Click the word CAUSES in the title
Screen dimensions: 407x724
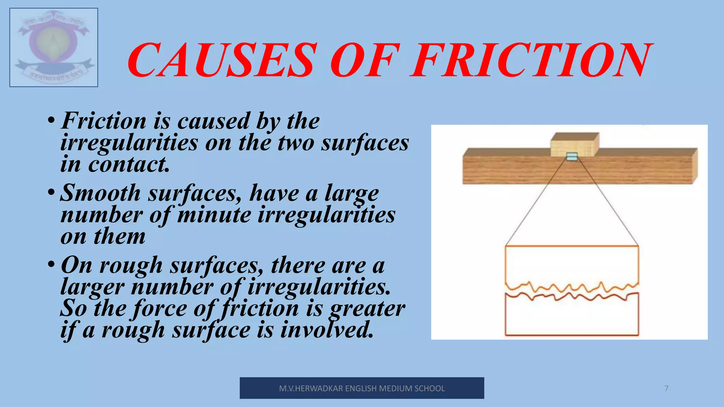tap(221, 60)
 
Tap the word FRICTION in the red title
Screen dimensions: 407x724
tap(530, 60)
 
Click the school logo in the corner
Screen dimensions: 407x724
tap(54, 47)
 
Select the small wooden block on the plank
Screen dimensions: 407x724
tap(574, 144)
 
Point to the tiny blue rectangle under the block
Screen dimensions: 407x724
tap(572, 157)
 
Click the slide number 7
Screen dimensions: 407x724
tap(666, 388)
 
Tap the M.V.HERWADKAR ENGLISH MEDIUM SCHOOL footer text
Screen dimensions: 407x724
tap(362, 388)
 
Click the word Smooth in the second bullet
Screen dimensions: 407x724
tap(100, 193)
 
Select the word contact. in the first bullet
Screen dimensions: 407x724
tap(129, 165)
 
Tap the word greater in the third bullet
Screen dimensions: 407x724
tap(367, 308)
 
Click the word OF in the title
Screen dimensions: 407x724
tap(364, 60)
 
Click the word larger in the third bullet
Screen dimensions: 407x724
tap(92, 287)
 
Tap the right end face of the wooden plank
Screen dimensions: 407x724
tap(695, 165)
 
